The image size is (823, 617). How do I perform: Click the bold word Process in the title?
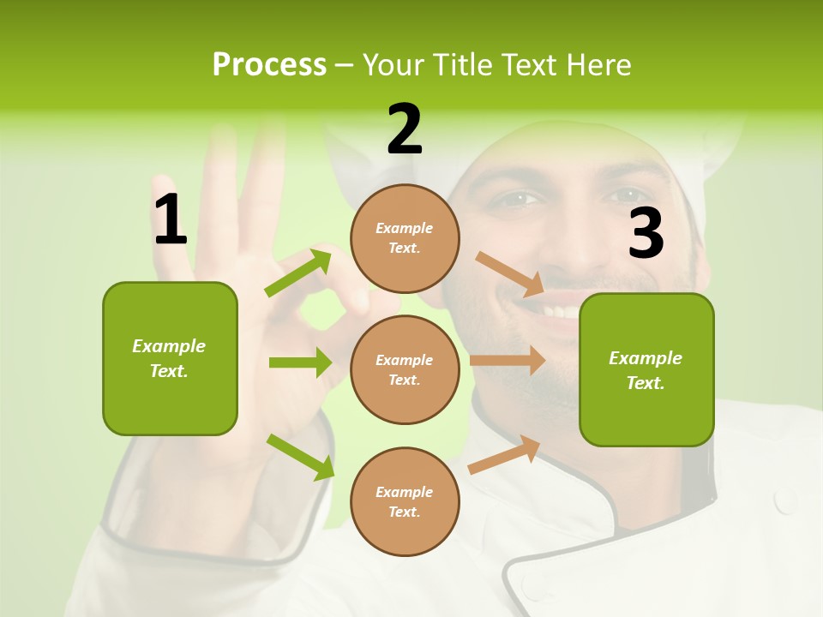269,64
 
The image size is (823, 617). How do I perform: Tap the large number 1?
171,219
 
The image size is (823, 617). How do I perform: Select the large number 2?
405,129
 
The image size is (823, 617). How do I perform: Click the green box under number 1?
170,358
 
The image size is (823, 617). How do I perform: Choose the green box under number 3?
646,369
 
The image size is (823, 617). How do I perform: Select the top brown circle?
405,238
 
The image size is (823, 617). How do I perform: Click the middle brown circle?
405,369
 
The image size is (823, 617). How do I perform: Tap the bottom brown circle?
405,501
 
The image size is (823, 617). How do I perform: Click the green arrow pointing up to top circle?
298,273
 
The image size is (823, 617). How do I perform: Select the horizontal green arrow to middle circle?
300,362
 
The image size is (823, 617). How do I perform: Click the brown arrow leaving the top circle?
510,273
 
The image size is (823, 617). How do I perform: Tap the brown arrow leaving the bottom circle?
505,454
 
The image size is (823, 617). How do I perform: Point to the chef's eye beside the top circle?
520,199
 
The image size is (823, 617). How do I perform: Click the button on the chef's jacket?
784,500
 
